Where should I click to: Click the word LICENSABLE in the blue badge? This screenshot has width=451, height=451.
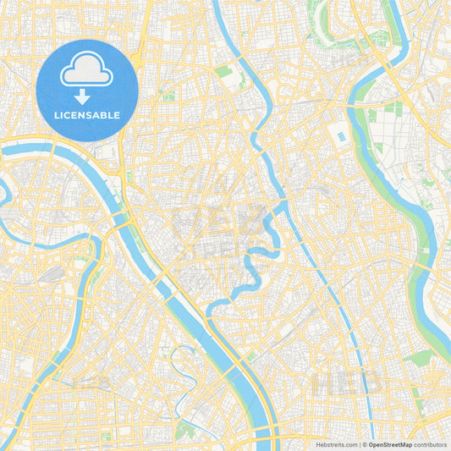click(x=87, y=115)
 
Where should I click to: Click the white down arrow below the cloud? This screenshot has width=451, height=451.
click(x=87, y=96)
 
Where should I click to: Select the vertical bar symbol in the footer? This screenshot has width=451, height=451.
click(x=362, y=443)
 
